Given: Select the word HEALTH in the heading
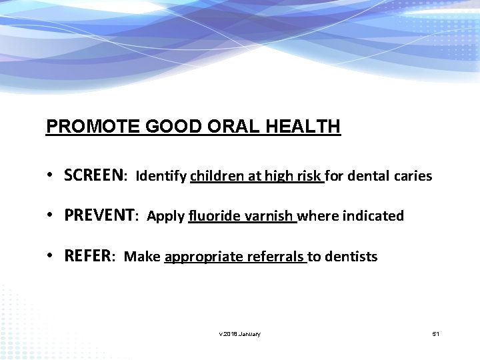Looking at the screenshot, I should [x=308, y=127].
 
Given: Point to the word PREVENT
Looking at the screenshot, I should [x=100, y=216].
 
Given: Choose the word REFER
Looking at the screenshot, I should [x=89, y=256].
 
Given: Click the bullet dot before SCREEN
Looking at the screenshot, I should [x=51, y=177].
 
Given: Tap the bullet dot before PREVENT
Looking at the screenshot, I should [x=51, y=217].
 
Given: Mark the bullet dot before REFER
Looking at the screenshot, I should [x=51, y=257].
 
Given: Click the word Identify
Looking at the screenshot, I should [x=161, y=177].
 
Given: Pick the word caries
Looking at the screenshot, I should [x=415, y=177].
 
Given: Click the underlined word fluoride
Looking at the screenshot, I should [x=215, y=217].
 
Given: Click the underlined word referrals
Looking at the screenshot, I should [x=276, y=257].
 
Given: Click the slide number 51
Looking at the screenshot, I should [x=435, y=333].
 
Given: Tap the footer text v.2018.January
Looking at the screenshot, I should [x=239, y=333].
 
